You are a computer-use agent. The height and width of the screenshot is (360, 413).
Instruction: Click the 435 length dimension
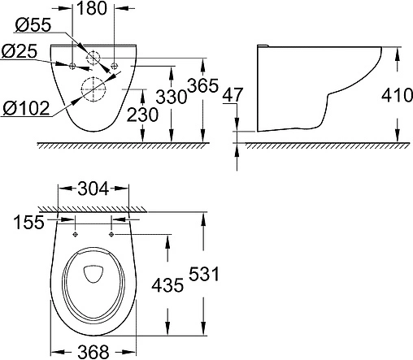165,284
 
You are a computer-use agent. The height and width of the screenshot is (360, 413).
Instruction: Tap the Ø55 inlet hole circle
95,59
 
